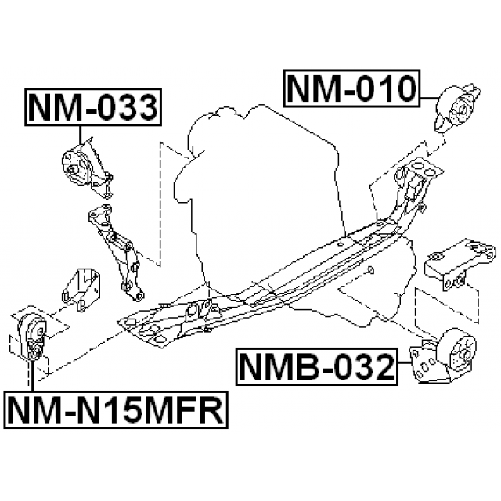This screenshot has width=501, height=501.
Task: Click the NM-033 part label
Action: tap(93, 107)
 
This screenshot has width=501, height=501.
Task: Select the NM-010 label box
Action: tap(351, 88)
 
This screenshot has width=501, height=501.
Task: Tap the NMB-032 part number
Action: tap(316, 367)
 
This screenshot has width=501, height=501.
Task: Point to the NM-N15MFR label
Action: tap(116, 409)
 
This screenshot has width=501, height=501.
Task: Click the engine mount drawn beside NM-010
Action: tap(456, 109)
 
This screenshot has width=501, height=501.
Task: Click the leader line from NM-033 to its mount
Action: tap(80, 135)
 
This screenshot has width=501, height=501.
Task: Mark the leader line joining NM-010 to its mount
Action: tap(430, 98)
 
